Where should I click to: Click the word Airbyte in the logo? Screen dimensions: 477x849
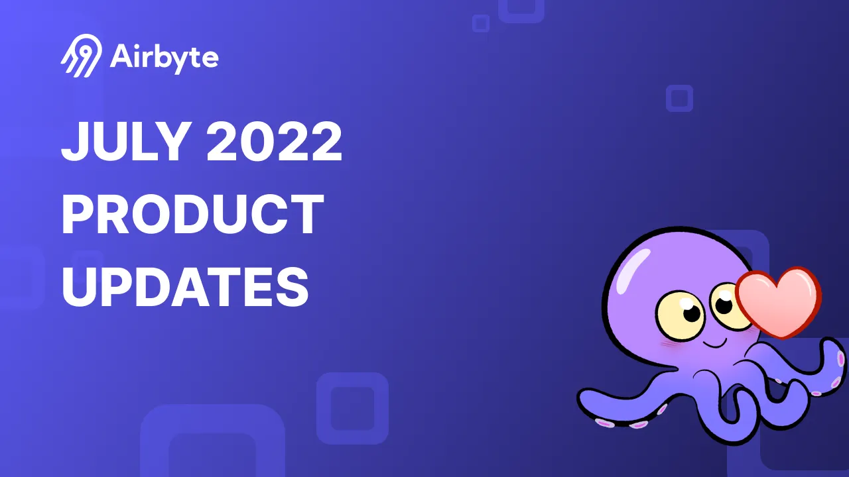coord(164,58)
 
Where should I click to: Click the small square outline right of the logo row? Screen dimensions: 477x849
coord(679,98)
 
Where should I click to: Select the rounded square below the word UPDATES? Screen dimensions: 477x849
coord(352,408)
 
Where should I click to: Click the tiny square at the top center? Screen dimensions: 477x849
coord(481,23)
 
